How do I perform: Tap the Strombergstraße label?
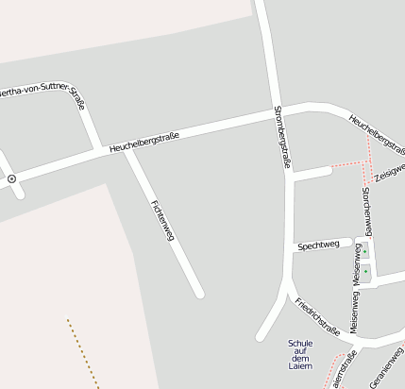point(279,137)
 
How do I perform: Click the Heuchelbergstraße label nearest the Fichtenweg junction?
point(143,142)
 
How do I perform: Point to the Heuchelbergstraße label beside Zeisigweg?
point(376,133)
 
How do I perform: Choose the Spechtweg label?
point(318,245)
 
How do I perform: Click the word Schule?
point(299,343)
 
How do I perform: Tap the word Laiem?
point(299,366)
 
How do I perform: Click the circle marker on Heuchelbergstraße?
point(11,178)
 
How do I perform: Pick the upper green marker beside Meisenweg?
point(365,252)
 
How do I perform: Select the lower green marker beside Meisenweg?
point(365,272)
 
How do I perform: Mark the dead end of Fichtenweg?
point(198,293)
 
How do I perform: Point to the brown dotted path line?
point(83,354)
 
